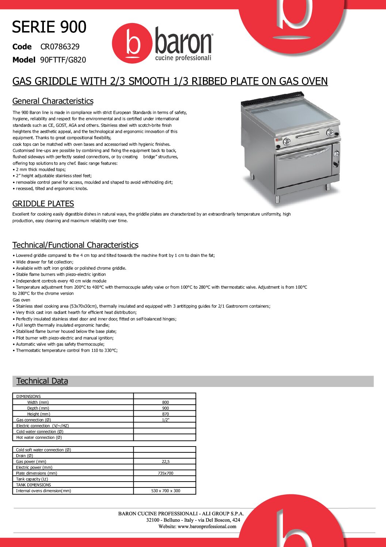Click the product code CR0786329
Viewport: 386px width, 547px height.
(x=60, y=47)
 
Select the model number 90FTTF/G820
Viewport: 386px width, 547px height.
(x=63, y=60)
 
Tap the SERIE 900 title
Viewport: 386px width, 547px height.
(x=49, y=27)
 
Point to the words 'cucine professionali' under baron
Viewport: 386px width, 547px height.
(x=183, y=58)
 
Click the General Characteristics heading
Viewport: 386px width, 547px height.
(x=53, y=101)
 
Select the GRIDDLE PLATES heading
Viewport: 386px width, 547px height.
(x=43, y=204)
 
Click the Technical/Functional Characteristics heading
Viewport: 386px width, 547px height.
(x=75, y=245)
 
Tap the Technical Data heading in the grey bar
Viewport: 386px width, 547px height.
(x=42, y=381)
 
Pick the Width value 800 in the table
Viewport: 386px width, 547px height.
(x=165, y=402)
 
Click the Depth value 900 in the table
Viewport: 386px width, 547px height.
(x=165, y=408)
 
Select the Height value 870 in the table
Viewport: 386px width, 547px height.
(x=165, y=414)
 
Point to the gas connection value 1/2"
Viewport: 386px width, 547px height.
(x=165, y=420)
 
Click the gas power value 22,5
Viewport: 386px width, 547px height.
(x=165, y=461)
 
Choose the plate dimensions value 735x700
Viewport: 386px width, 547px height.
(x=165, y=473)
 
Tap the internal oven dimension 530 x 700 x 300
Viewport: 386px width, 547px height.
(x=165, y=491)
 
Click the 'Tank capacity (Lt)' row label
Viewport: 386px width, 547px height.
(x=32, y=479)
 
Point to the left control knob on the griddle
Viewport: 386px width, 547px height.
(x=287, y=141)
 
